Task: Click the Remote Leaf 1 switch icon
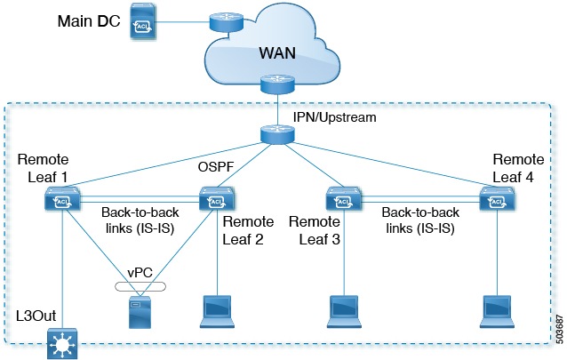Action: point(62,202)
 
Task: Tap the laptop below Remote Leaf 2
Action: point(214,307)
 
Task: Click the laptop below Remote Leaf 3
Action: point(340,307)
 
